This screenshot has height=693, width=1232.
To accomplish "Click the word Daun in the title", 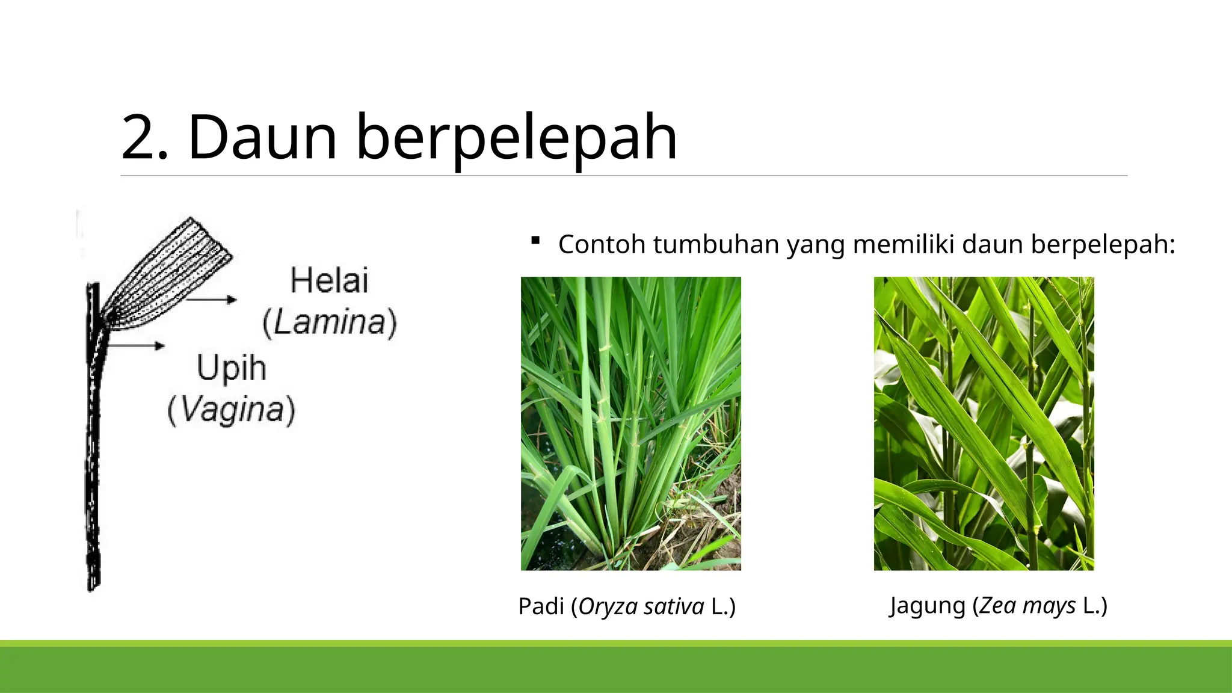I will pyautogui.click(x=262, y=138).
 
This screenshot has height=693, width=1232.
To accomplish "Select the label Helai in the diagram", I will pyautogui.click(x=329, y=281).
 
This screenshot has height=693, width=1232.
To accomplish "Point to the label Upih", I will pyautogui.click(x=232, y=368).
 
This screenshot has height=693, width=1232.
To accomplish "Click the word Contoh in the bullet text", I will pyautogui.click(x=602, y=244).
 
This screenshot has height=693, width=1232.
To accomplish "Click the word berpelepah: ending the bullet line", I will pyautogui.click(x=1103, y=245).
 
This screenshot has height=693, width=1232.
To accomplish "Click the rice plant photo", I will pyautogui.click(x=630, y=423).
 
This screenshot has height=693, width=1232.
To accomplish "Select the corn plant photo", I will pyautogui.click(x=984, y=423).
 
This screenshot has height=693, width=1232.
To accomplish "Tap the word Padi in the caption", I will pyautogui.click(x=541, y=606).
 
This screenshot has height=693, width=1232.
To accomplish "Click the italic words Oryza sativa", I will pyautogui.click(x=641, y=606).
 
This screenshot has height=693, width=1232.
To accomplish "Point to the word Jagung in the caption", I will pyautogui.click(x=927, y=605).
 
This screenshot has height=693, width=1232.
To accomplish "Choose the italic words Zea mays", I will pyautogui.click(x=1027, y=605).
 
